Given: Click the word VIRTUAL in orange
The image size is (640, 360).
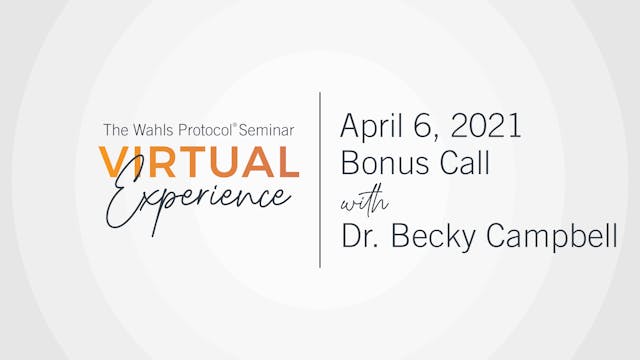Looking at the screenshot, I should point(199,161).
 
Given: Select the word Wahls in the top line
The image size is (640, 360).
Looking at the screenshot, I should point(148,129).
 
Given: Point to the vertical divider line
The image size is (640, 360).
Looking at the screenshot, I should point(320,180).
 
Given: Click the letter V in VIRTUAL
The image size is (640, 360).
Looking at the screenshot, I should point(112,161).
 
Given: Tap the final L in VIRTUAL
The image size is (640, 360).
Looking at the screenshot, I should point(289,161).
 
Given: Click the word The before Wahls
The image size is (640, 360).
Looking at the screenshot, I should point(115,129).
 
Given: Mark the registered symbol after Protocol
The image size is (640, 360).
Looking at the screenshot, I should point(236,125).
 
